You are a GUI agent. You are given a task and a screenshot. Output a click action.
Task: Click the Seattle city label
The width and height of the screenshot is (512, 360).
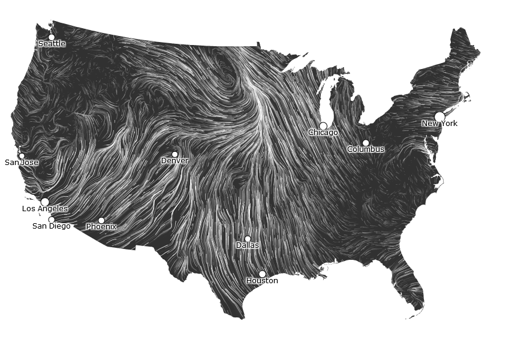(x=52, y=44)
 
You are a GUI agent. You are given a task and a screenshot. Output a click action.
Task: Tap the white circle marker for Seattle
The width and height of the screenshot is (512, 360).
(x=51, y=37)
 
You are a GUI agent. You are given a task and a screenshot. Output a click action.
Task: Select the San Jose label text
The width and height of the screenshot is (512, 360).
(x=22, y=163)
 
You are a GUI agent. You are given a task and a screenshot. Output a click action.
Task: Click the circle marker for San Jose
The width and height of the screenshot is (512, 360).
(x=22, y=156)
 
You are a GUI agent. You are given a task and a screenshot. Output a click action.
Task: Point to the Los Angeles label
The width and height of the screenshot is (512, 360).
(x=45, y=209)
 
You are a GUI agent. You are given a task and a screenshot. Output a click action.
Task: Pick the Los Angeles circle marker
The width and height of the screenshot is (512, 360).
(x=45, y=202)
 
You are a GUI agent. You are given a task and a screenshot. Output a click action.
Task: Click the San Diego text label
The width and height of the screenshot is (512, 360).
(x=51, y=226)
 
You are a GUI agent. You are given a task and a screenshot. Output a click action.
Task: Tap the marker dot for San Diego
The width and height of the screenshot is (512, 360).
(x=51, y=220)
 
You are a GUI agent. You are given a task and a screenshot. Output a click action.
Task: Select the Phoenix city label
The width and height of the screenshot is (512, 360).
(x=101, y=227)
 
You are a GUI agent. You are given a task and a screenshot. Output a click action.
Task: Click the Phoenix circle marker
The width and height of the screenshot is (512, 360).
(x=101, y=220)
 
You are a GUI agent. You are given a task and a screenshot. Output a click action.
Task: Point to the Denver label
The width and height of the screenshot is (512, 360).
(x=174, y=161)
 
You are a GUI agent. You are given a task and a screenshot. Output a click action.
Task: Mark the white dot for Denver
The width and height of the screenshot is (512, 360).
(x=174, y=154)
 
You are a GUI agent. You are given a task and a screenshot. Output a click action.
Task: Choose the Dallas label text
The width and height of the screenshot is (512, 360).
(x=248, y=245)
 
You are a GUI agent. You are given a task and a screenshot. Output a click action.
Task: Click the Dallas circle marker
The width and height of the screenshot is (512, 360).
(x=248, y=239)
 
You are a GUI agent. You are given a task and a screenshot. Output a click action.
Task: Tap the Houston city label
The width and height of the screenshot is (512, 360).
(x=262, y=281)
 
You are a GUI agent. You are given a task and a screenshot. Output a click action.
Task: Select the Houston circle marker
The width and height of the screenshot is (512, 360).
(x=262, y=274)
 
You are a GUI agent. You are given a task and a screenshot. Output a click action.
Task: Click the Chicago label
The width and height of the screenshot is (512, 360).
(x=323, y=133)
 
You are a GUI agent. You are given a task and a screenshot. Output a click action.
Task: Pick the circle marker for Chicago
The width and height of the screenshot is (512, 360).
(x=323, y=126)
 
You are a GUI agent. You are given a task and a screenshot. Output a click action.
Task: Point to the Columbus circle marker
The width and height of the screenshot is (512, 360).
(x=366, y=143)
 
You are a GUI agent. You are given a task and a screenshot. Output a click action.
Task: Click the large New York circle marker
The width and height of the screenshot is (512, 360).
(x=439, y=116)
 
